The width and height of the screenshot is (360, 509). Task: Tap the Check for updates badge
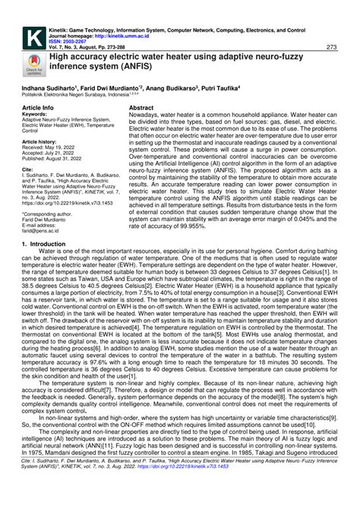(x=33, y=66)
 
